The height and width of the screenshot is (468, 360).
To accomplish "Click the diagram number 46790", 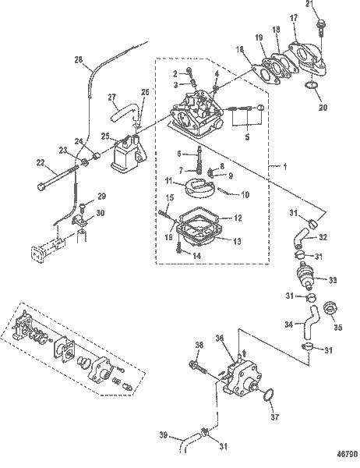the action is tap(348, 454).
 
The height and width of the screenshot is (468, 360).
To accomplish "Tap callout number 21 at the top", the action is tap(310, 4).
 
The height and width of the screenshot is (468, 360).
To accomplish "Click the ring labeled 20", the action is tap(312, 85).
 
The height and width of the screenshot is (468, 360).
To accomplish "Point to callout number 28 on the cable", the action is tap(79, 60).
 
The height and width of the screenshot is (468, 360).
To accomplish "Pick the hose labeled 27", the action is tap(125, 112).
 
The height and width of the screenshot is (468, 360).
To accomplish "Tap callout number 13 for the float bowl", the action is tap(237, 241).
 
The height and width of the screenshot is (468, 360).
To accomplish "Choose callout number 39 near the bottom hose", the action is tap(163, 435).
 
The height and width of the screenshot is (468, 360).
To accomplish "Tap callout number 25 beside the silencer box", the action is tap(105, 136).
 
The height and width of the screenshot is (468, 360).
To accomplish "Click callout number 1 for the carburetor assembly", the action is tap(285, 167).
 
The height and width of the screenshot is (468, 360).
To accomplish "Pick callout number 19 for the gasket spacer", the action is tap(259, 37).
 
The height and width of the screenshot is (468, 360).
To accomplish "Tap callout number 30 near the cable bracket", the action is tap(101, 213).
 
